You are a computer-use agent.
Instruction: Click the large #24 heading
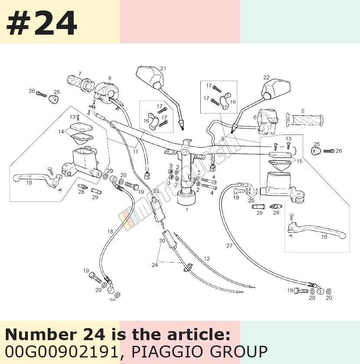pyautogui.click(x=42, y=23)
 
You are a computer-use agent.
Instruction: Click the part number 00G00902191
pyautogui.click(x=62, y=351)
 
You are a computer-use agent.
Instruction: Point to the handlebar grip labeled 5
pyautogui.click(x=304, y=120)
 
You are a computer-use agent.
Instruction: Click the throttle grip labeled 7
pyautogui.click(x=80, y=83)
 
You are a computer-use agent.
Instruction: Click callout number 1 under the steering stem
pyautogui.click(x=187, y=210)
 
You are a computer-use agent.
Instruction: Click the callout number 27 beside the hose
pyautogui.click(x=229, y=246)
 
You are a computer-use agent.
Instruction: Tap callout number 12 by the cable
pyautogui.click(x=206, y=258)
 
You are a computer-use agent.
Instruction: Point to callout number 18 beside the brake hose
pyautogui.click(x=110, y=231)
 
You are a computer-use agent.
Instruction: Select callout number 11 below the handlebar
pyautogui.click(x=135, y=152)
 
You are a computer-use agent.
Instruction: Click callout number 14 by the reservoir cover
pyautogui.click(x=61, y=132)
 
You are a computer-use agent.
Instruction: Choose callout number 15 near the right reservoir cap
pyautogui.click(x=300, y=161)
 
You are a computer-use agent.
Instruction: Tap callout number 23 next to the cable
pyautogui.click(x=156, y=191)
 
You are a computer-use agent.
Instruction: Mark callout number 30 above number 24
pyautogui.click(x=162, y=241)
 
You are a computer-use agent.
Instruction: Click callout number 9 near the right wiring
pyautogui.click(x=223, y=139)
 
